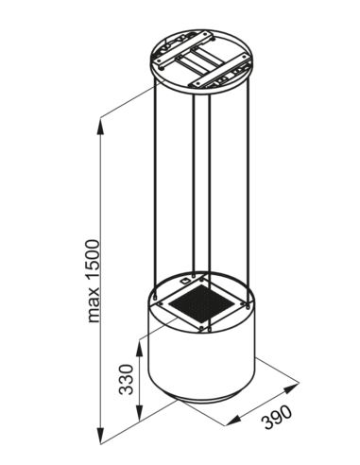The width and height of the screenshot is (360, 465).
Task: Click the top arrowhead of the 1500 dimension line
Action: click(x=103, y=121)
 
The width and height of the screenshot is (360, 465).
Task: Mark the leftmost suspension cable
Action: click(x=153, y=189)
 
